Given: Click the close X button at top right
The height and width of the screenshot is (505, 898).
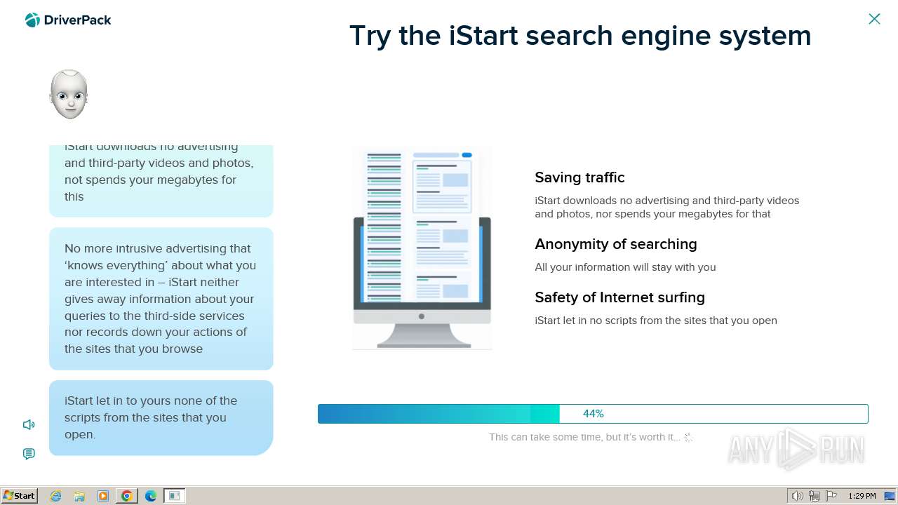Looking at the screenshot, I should (x=874, y=19).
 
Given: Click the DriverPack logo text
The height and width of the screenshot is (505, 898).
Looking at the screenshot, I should (x=77, y=20).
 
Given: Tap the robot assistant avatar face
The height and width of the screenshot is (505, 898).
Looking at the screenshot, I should (x=69, y=95).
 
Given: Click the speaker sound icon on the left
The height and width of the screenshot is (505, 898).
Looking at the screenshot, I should (x=29, y=424).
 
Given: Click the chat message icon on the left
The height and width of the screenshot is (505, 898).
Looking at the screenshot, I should (x=29, y=454).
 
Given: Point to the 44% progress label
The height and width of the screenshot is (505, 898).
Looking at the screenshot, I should (x=593, y=414).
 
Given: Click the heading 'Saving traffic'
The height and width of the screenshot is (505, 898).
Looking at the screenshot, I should (x=579, y=177).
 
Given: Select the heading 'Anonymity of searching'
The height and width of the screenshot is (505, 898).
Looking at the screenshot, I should (x=615, y=244).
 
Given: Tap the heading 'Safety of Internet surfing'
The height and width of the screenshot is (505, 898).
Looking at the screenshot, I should (x=619, y=297).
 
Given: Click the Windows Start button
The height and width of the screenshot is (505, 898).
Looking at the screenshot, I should (x=20, y=496).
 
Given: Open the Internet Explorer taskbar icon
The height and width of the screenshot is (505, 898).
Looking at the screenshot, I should (x=55, y=496).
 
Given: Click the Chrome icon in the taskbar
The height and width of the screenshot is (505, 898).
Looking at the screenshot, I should (x=127, y=496).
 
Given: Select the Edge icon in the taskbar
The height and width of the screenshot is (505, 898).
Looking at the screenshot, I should (x=151, y=496).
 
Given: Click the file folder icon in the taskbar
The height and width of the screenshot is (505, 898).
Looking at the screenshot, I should (x=79, y=496).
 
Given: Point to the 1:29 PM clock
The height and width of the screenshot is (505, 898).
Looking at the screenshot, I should (x=862, y=496).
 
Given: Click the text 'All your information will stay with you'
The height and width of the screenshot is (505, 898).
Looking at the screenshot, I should (x=625, y=267).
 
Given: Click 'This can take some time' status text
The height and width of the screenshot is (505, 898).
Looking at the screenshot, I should (x=584, y=437).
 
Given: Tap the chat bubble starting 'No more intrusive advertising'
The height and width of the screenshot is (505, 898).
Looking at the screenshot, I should (x=161, y=299).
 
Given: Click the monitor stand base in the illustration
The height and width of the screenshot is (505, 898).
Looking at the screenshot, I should (x=423, y=343).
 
